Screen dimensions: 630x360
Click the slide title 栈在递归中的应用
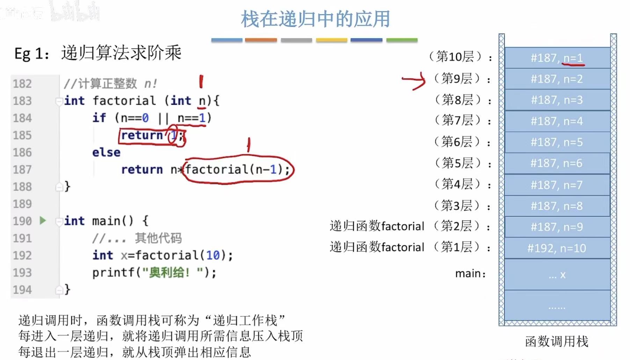coord(315,19)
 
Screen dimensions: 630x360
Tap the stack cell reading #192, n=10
coord(557,248)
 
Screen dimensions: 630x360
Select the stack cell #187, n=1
coord(557,58)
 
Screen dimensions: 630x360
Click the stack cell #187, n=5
coord(557,142)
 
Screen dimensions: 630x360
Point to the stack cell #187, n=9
coord(557,227)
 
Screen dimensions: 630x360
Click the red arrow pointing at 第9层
coord(414,80)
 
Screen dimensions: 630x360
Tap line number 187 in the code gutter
coord(22,170)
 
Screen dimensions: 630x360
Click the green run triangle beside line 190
coord(43,221)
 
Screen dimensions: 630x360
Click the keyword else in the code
coord(106,152)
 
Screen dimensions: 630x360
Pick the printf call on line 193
coord(154,272)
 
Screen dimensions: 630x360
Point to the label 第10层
coord(455,57)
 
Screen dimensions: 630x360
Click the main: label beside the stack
coord(470,273)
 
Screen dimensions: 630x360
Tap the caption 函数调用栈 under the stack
coord(557,341)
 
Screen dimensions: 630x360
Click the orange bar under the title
coord(261,40)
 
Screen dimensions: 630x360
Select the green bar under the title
coord(402,40)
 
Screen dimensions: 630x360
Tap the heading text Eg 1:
coord(31,54)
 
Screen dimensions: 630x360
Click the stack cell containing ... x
coord(557,275)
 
